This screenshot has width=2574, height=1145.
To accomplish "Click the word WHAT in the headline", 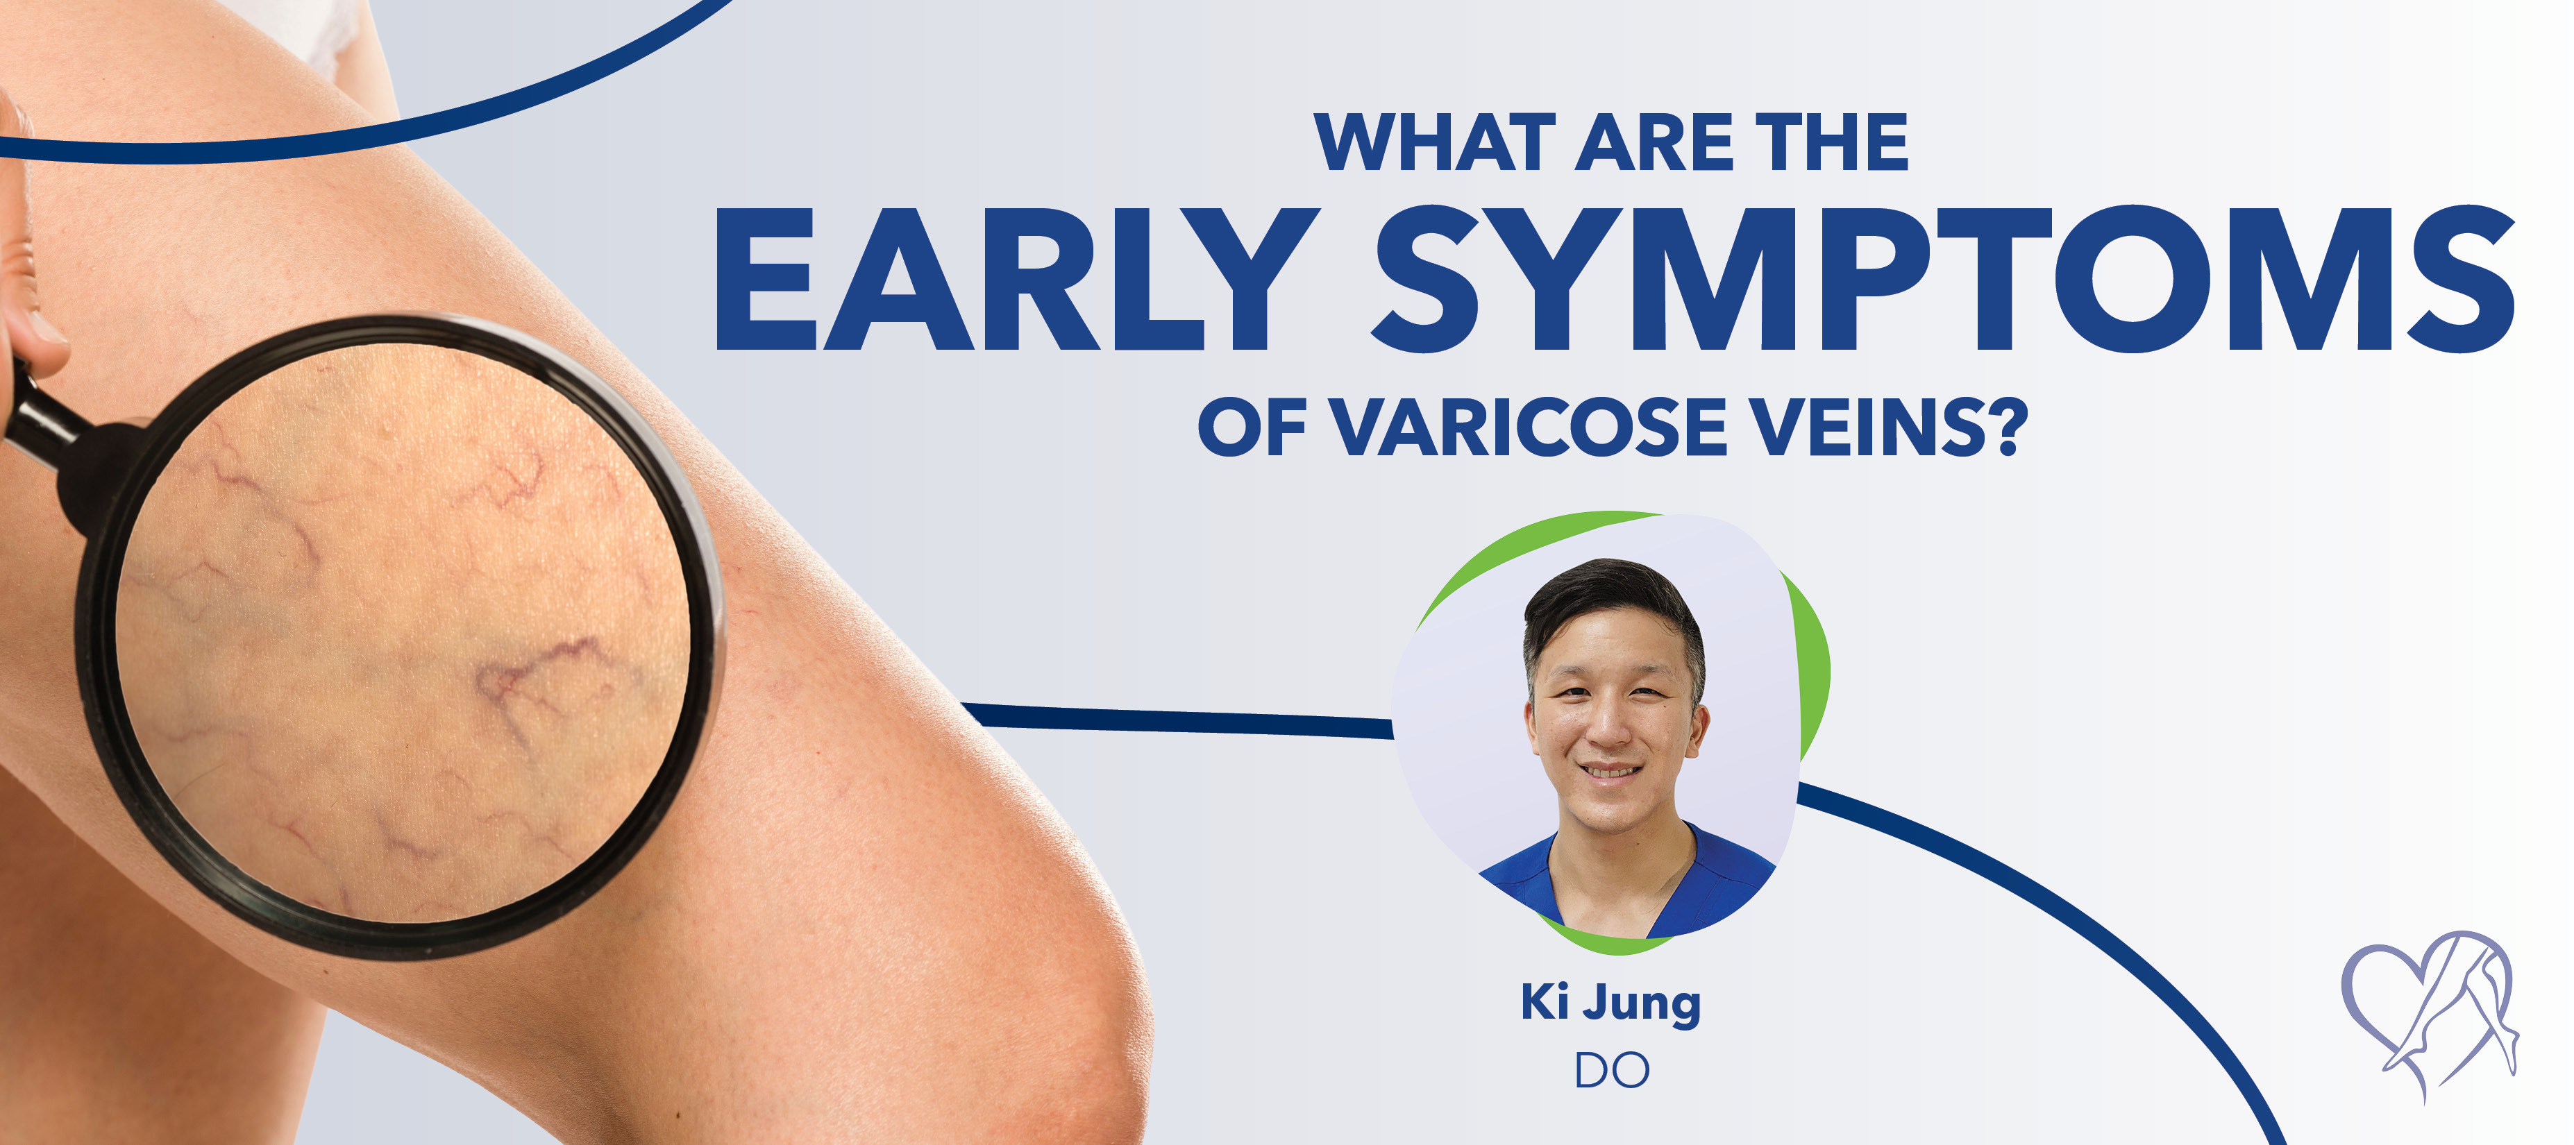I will point(1435,144).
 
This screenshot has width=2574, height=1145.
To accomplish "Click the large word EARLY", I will point(1015,280).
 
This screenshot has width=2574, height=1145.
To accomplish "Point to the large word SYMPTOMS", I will point(1944,280).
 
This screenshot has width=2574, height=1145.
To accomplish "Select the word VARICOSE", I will point(1530,427).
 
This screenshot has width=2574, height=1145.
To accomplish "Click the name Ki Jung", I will point(1610,1002).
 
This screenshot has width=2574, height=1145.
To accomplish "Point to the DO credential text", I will point(1610,1070).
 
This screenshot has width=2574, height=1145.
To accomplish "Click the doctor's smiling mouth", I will point(1610,772).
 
